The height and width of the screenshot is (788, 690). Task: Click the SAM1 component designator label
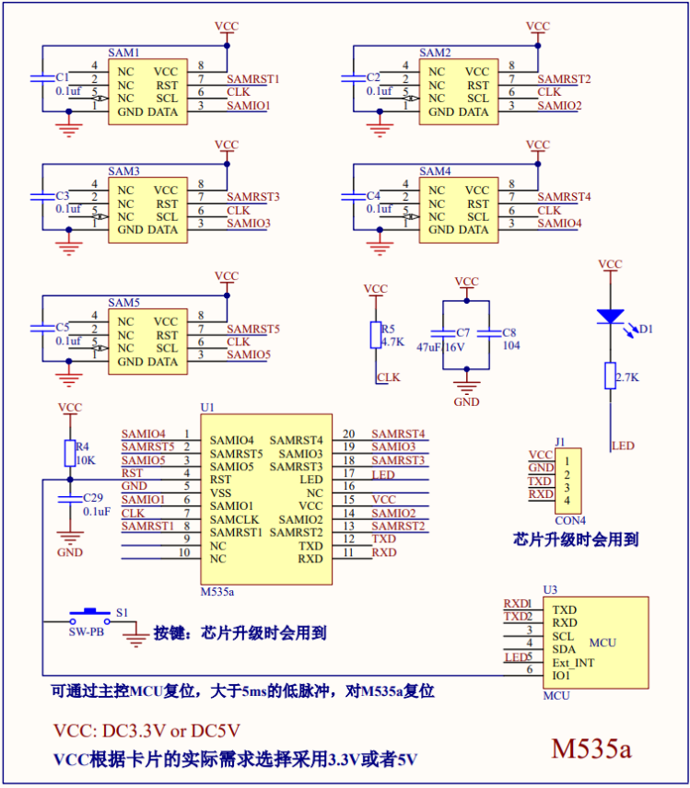coord(123,52)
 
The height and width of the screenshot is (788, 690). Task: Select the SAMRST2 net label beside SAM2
coord(564,79)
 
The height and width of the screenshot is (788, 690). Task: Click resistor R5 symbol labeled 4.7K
coord(375,335)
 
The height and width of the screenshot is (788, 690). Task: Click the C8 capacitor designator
coord(509,332)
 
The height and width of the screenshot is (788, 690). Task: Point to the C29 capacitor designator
coord(96,497)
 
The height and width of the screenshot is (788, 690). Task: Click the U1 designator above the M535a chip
coord(207,406)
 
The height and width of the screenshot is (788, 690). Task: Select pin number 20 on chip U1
coord(348,434)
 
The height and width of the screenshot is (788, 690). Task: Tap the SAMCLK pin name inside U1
coord(234,518)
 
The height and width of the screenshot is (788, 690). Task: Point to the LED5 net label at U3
coord(518,656)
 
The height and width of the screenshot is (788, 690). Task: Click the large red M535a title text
coord(591,747)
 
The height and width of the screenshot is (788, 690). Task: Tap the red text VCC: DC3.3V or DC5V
coord(146,731)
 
